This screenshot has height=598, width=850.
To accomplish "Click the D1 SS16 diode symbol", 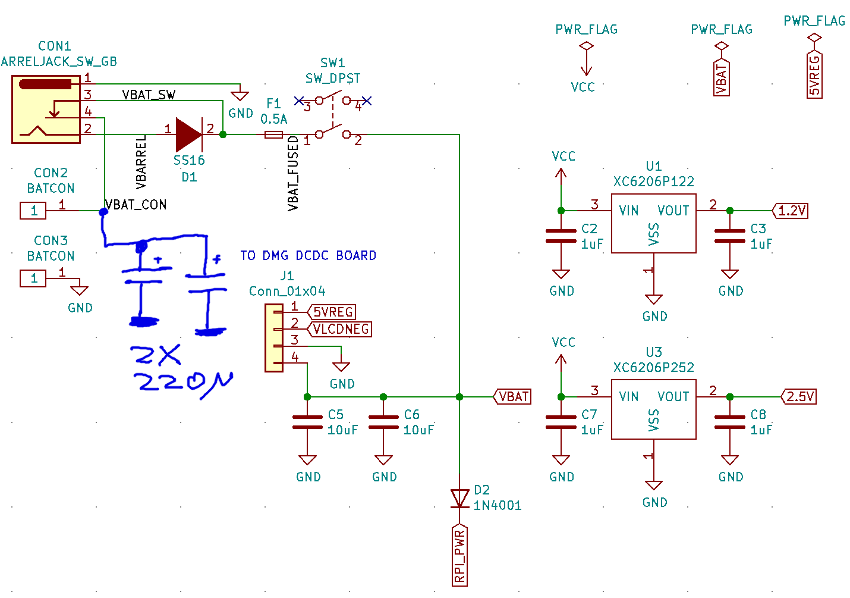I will pyautogui.click(x=189, y=134).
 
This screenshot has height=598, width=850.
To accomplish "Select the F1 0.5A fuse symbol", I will pyautogui.click(x=273, y=134).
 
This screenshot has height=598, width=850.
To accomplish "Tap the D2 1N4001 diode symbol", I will pyautogui.click(x=459, y=499).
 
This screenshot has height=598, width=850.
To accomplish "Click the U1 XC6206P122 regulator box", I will pyautogui.click(x=653, y=223).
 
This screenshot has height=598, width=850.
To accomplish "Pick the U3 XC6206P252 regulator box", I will pyautogui.click(x=653, y=409).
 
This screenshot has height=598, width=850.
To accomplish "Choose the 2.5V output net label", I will pyautogui.click(x=799, y=397).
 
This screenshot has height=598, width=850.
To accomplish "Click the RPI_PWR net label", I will pyautogui.click(x=459, y=556).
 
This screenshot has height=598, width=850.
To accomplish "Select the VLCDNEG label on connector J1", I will pyautogui.click(x=340, y=329).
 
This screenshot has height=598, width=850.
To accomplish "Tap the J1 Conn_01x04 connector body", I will pyautogui.click(x=274, y=338).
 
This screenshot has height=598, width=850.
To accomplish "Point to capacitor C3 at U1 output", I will pyautogui.click(x=729, y=236).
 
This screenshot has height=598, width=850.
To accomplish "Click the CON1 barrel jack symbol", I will pyautogui.click(x=46, y=109).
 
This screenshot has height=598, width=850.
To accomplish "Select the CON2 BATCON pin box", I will pyautogui.click(x=33, y=211).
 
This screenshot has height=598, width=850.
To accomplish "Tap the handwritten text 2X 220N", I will pyautogui.click(x=181, y=370).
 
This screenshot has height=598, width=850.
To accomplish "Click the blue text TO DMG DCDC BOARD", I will pyautogui.click(x=308, y=256).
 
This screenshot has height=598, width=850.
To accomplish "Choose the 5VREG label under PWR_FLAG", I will pyautogui.click(x=814, y=75).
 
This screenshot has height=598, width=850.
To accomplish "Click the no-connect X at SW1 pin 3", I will pyautogui.click(x=299, y=101).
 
